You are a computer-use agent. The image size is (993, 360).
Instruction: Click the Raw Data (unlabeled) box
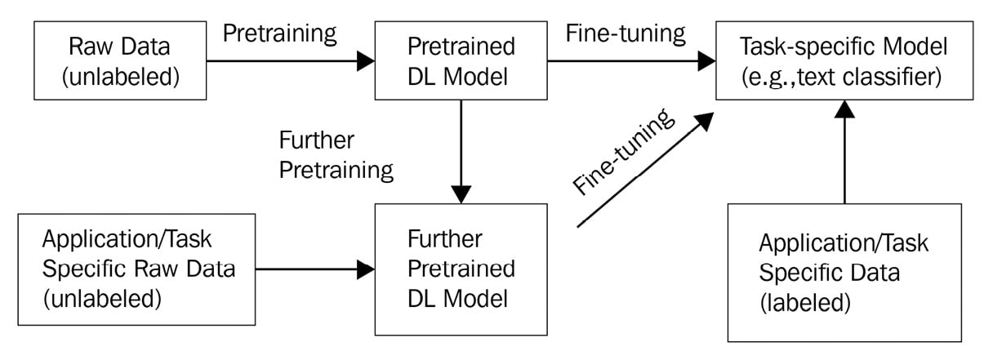[x=120, y=60]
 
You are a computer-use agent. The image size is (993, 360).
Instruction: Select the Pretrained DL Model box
[x=461, y=60]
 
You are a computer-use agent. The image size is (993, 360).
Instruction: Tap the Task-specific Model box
[x=844, y=60]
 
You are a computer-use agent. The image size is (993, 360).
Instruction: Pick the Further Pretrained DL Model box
[x=461, y=269]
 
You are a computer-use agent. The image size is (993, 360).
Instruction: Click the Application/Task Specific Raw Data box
[x=136, y=269]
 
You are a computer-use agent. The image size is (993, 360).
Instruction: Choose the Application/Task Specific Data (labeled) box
[x=844, y=273]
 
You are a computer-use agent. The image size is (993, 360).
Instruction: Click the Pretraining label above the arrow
[x=280, y=34]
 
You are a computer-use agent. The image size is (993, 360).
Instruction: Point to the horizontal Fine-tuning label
[x=626, y=34]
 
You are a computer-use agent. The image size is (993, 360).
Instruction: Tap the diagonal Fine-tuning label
[x=624, y=152]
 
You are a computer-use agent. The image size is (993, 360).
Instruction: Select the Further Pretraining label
[x=336, y=155]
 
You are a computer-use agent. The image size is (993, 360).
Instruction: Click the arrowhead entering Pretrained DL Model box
[x=366, y=60]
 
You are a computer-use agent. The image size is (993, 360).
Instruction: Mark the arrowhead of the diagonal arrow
[x=703, y=121]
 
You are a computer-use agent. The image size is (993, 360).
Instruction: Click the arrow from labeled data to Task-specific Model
[x=844, y=152]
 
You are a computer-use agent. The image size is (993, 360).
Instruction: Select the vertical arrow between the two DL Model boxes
[x=461, y=152]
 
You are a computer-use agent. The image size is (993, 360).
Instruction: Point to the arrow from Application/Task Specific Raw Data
[x=315, y=269]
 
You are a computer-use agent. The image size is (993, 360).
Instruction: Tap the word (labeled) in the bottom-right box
[x=805, y=303]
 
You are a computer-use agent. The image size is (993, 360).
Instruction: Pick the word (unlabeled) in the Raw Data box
[x=121, y=77]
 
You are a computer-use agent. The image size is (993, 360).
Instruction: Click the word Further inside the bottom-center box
[x=444, y=239]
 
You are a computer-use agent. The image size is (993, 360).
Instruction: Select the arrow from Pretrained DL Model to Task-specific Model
[x=632, y=60]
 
